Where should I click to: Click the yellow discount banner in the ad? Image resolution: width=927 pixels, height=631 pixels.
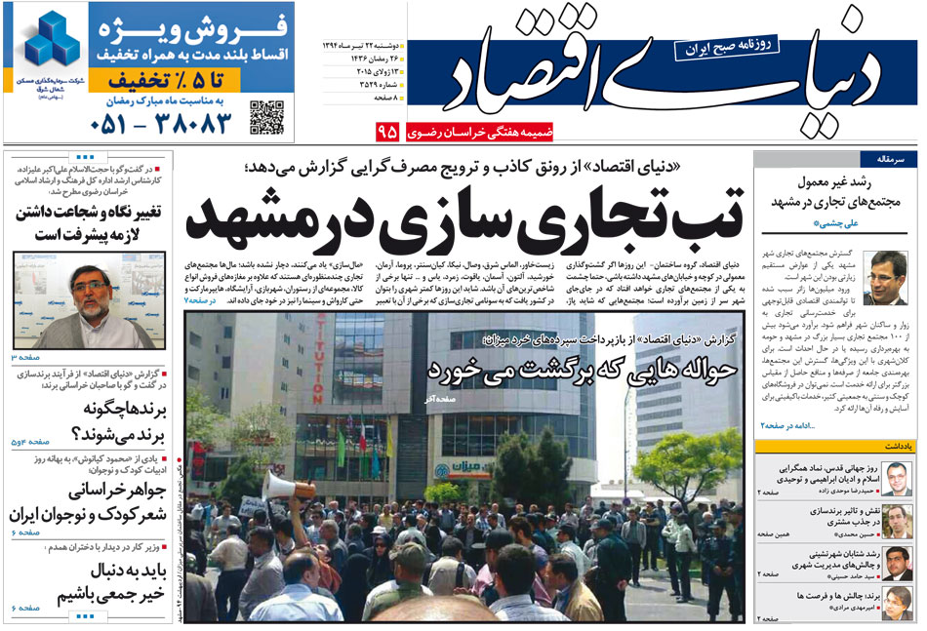tap(151, 78)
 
